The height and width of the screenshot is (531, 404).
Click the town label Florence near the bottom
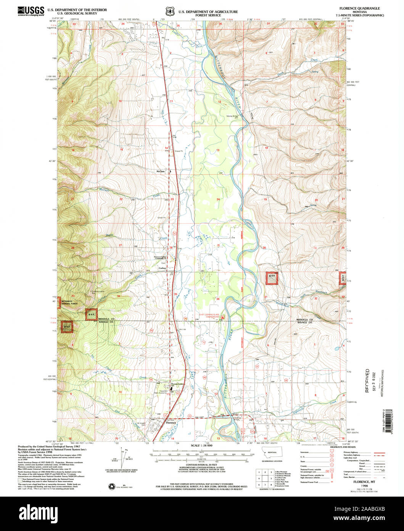coord(171,423)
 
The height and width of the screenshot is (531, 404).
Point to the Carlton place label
coord(162,268)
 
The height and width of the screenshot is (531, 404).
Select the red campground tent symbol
coord(223,317)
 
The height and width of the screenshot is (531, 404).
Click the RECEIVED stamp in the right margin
coord(367,380)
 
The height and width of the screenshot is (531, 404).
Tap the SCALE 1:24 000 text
coord(201,446)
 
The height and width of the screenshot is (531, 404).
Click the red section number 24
coord(218,199)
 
